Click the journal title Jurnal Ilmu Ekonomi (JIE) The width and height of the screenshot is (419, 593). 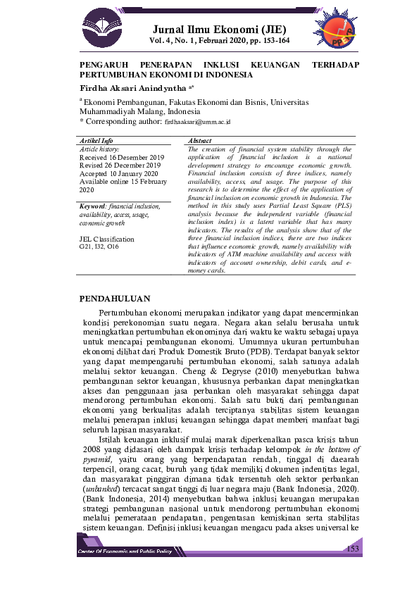[220, 30]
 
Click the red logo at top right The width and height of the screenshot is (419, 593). [342, 32]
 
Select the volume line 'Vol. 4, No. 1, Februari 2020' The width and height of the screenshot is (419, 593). [220, 41]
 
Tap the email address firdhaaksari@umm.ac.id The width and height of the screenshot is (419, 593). [197, 122]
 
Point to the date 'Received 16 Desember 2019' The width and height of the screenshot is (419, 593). [121, 157]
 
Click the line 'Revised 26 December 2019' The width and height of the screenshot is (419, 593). [120, 166]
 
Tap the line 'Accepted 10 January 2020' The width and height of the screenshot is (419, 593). [118, 174]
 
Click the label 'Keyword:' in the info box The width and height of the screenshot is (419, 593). [94, 206]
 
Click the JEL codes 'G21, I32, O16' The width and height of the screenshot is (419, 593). [99, 249]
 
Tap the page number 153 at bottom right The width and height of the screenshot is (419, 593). [353, 548]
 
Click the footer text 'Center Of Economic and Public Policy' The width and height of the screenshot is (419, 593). [125, 551]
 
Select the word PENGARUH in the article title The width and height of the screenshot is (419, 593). [99, 65]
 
